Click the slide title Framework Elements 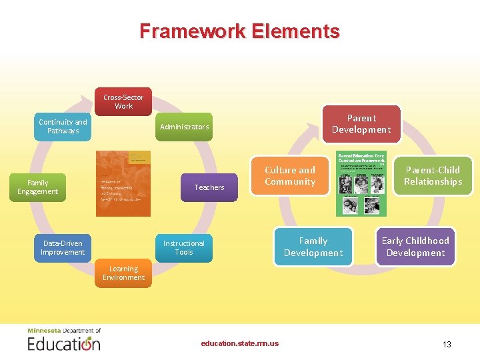pyautogui.click(x=239, y=31)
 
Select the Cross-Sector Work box pyautogui.click(x=123, y=102)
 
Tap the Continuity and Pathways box pyautogui.click(x=63, y=127)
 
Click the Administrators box pyautogui.click(x=184, y=127)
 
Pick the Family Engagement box pyautogui.click(x=38, y=187)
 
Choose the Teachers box pyautogui.click(x=209, y=187)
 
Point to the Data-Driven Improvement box pyautogui.click(x=63, y=248)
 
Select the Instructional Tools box pyautogui.click(x=184, y=248)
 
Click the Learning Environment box pyautogui.click(x=123, y=273)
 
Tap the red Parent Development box pyautogui.click(x=361, y=124)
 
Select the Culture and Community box pyautogui.click(x=290, y=176)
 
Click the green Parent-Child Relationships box pyautogui.click(x=433, y=176)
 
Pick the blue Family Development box pyautogui.click(x=313, y=247)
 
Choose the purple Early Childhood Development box pyautogui.click(x=415, y=247)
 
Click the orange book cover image pyautogui.click(x=123, y=183)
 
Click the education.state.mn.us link pyautogui.click(x=240, y=344)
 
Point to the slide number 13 pyautogui.click(x=447, y=345)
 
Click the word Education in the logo pyautogui.click(x=64, y=344)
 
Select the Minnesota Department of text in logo pyautogui.click(x=64, y=331)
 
